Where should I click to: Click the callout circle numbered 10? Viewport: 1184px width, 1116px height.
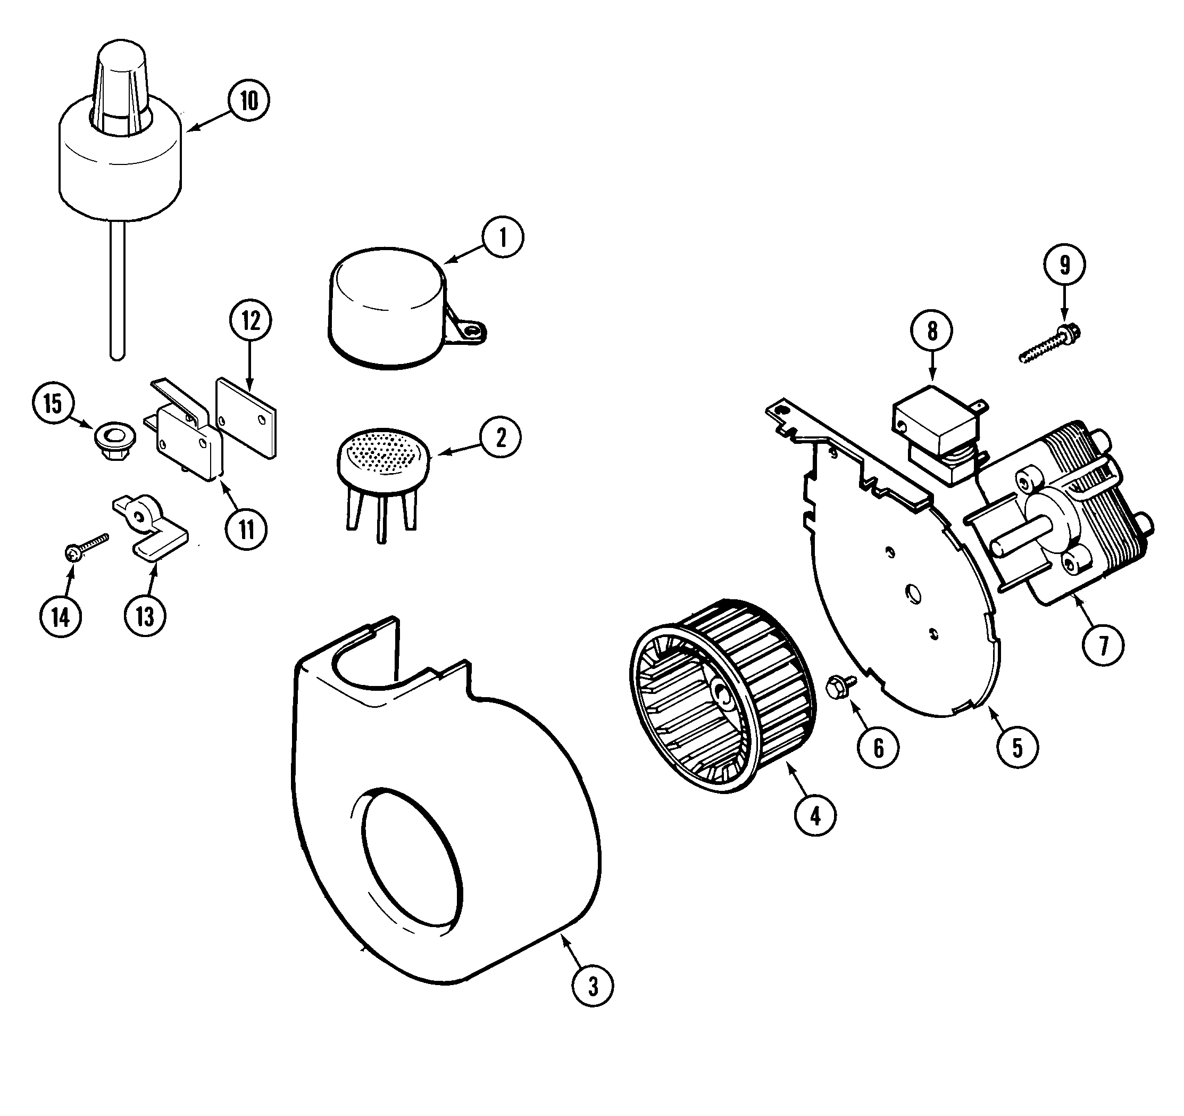pyautogui.click(x=248, y=100)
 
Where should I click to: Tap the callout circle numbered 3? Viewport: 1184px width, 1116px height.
pyautogui.click(x=592, y=987)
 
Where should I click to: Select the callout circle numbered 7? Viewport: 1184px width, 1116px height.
pyautogui.click(x=1103, y=644)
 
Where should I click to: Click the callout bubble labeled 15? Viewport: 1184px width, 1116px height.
pyautogui.click(x=53, y=403)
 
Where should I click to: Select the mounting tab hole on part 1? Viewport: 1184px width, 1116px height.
pyautogui.click(x=473, y=331)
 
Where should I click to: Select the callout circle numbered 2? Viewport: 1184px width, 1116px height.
pyautogui.click(x=501, y=438)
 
